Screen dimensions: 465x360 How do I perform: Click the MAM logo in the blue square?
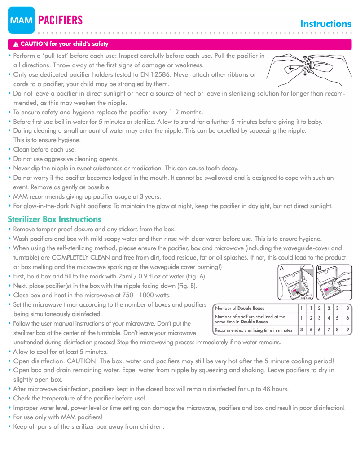[21, 20]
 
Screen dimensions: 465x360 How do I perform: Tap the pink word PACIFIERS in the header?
[61, 20]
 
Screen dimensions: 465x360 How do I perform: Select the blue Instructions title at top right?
[325, 24]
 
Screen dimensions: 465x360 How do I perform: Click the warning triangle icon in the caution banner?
[16, 44]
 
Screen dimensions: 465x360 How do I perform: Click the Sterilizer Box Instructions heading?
[55, 219]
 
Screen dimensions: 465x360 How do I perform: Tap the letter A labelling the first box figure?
[281, 268]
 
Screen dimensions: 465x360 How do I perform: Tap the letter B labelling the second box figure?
[320, 268]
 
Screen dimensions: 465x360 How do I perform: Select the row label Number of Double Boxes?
[240, 308]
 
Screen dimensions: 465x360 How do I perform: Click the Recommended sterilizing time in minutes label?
[254, 330]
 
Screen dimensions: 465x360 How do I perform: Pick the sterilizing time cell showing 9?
[348, 330]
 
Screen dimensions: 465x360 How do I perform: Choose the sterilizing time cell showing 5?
[310, 330]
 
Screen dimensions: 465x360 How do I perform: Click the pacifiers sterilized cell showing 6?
[348, 318]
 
